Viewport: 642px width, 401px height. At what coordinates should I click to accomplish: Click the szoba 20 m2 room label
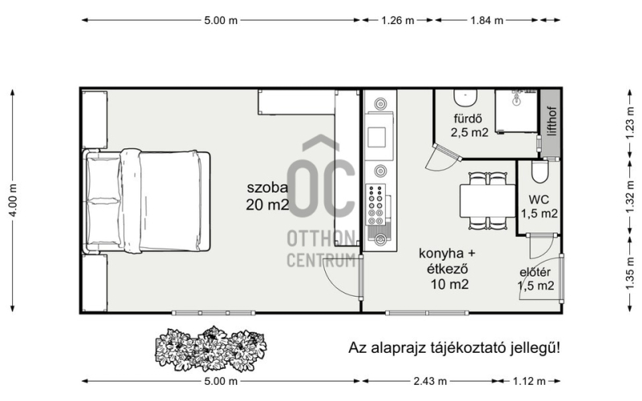[x=267, y=196]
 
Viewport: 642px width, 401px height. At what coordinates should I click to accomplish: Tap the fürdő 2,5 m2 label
[x=469, y=125]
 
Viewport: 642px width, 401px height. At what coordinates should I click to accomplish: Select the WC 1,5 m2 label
[x=538, y=207]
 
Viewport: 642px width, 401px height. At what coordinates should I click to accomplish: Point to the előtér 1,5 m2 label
[x=535, y=279]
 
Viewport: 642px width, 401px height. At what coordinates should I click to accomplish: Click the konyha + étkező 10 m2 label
[x=448, y=269]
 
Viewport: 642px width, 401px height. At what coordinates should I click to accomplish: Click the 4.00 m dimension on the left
[x=13, y=200]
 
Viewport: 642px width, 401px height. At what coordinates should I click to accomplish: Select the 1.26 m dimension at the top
[x=397, y=20]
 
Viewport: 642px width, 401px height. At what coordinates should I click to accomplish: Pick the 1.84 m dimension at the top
[x=486, y=20]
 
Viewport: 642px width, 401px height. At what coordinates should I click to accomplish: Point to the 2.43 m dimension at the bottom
[x=430, y=382]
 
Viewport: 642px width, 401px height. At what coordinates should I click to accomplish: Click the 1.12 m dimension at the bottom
[x=529, y=382]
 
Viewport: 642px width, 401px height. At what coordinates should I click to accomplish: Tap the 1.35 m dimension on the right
[x=631, y=273]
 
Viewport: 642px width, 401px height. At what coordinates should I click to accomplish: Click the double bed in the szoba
[x=147, y=201]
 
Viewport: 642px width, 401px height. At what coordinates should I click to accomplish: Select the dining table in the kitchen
[x=487, y=200]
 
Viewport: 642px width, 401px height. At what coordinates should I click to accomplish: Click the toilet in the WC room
[x=539, y=172]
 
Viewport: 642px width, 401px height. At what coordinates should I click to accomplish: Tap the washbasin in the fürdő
[x=465, y=97]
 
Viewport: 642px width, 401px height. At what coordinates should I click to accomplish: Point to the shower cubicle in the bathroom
[x=516, y=111]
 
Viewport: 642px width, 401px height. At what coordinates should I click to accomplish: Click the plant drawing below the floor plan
[x=211, y=348]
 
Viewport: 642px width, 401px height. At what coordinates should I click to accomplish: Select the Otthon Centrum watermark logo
[x=320, y=200]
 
